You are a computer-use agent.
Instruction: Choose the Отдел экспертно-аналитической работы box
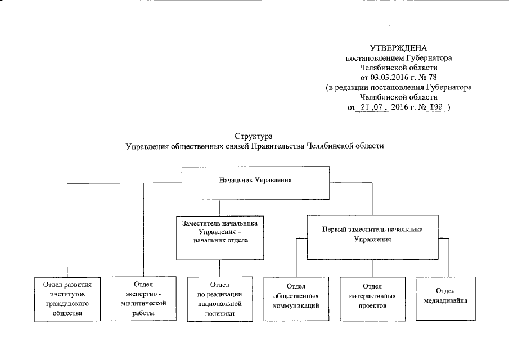click(x=144, y=298)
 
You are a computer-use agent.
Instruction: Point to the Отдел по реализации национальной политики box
click(x=220, y=298)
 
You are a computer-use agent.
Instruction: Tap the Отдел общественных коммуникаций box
click(x=296, y=298)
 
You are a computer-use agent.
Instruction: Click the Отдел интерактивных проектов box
click(x=372, y=298)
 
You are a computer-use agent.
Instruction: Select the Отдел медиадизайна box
click(x=448, y=296)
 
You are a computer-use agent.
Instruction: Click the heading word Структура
click(x=255, y=136)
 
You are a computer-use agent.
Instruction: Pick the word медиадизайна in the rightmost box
click(x=448, y=300)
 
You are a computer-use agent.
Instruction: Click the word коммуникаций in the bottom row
click(x=296, y=306)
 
